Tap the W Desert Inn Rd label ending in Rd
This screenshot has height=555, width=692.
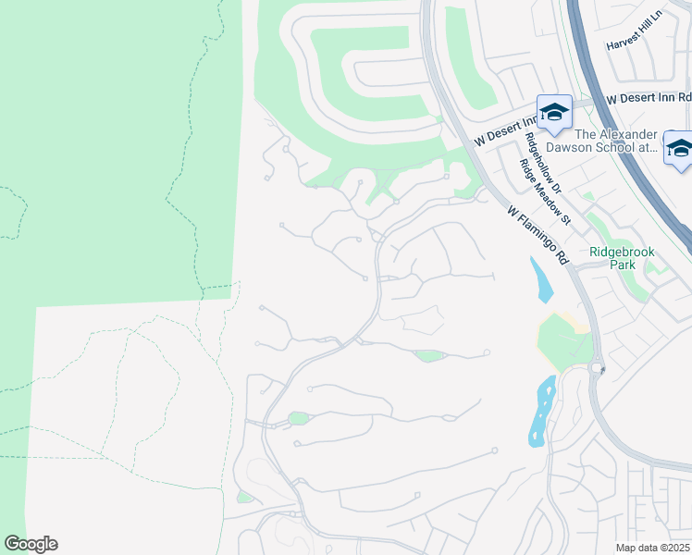tap(648, 97)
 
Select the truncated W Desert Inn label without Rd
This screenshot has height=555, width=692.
tap(506, 130)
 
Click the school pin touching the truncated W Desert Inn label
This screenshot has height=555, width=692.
tap(554, 113)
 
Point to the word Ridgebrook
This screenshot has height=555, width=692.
tap(622, 252)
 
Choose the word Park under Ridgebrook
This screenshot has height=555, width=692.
tap(622, 265)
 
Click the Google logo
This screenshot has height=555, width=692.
tap(31, 544)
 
